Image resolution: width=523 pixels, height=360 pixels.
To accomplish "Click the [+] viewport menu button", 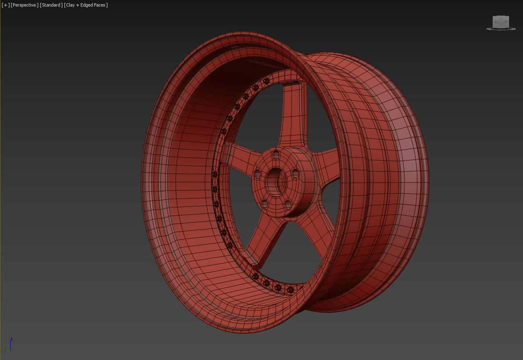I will click(x=5, y=5).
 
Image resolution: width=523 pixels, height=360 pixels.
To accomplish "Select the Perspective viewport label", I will click(x=25, y=5).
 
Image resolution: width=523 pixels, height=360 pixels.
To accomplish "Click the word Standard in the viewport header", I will click(x=51, y=5).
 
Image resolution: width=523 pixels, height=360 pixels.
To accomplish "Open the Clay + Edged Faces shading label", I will click(x=86, y=5).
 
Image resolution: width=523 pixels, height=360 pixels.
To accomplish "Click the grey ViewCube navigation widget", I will click(x=500, y=23).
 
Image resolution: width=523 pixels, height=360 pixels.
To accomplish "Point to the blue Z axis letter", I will click(x=11, y=340).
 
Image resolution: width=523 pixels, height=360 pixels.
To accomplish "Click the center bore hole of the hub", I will click(x=275, y=180).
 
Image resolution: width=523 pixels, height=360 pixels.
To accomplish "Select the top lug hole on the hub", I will click(x=276, y=155).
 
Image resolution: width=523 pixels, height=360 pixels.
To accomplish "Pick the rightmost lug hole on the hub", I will click(x=295, y=174).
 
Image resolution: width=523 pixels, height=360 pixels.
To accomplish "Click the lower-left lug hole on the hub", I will click(x=264, y=203).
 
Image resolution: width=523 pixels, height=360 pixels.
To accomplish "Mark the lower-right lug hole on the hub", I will click(x=288, y=204).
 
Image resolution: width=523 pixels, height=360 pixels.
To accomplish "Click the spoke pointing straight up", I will click(x=292, y=119).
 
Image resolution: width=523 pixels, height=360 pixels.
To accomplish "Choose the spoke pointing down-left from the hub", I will click(x=262, y=238).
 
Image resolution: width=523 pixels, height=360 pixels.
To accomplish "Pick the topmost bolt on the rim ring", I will click(x=267, y=81).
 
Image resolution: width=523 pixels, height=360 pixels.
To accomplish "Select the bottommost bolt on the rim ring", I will click(x=290, y=290).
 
